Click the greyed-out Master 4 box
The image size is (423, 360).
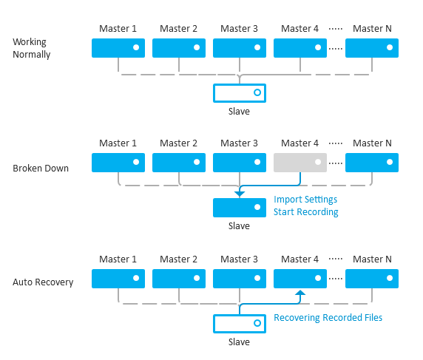[x=300, y=163]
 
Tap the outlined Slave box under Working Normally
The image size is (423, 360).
[x=240, y=84]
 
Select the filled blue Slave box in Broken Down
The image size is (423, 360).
[x=240, y=208]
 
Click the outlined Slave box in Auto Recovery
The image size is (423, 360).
[x=240, y=315]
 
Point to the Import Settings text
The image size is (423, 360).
[x=305, y=200]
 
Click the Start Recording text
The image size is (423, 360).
[x=306, y=212]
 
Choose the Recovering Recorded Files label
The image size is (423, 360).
[x=328, y=318]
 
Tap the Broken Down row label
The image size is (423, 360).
[x=41, y=169]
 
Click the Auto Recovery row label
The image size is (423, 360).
[x=43, y=282]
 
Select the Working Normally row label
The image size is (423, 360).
[x=32, y=48]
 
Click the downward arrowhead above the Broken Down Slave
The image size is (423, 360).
[x=240, y=194]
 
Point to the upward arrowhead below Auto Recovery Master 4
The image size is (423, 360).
[x=300, y=293]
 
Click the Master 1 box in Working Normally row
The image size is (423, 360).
[x=118, y=48]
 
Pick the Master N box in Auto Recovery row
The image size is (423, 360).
[x=372, y=279]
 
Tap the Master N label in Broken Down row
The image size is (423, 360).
[x=372, y=143]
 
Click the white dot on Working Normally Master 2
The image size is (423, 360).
[x=197, y=47]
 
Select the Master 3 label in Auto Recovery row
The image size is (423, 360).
[x=239, y=259]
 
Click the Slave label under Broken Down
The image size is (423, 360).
[x=239, y=225]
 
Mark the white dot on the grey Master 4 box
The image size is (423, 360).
[x=318, y=162]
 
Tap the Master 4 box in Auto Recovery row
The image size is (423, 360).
[x=300, y=279]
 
